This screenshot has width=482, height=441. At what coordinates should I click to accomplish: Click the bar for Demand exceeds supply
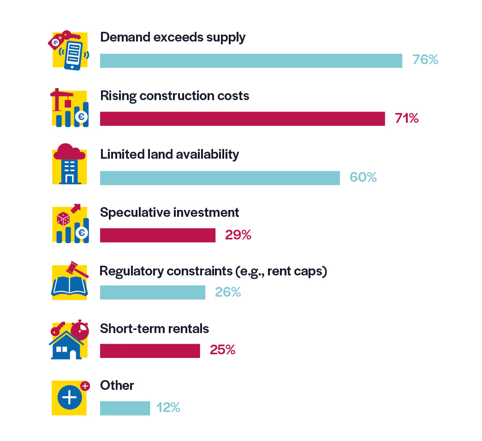click(x=251, y=61)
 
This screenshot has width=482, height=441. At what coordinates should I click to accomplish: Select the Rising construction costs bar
click(x=242, y=119)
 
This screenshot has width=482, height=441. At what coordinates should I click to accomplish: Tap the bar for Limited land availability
click(x=220, y=178)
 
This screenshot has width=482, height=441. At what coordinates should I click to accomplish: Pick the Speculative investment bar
click(x=157, y=235)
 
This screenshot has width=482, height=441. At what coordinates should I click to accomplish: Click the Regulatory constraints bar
click(x=152, y=292)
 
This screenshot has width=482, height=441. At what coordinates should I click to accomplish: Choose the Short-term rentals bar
click(x=150, y=351)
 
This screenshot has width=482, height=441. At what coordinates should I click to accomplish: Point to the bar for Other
click(x=125, y=408)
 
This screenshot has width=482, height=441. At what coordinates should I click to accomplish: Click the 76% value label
click(x=425, y=60)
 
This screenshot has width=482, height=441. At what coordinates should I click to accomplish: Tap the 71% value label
click(x=407, y=119)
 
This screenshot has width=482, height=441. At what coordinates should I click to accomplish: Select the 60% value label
click(x=363, y=177)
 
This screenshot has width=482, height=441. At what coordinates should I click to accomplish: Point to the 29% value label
click(x=238, y=235)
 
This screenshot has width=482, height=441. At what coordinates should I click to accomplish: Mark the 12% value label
click(x=168, y=408)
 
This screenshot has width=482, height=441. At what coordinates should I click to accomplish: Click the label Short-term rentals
click(x=155, y=329)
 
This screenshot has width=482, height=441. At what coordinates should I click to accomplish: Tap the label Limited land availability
click(x=169, y=154)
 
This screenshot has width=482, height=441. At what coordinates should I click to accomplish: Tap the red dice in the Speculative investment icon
click(x=63, y=218)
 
